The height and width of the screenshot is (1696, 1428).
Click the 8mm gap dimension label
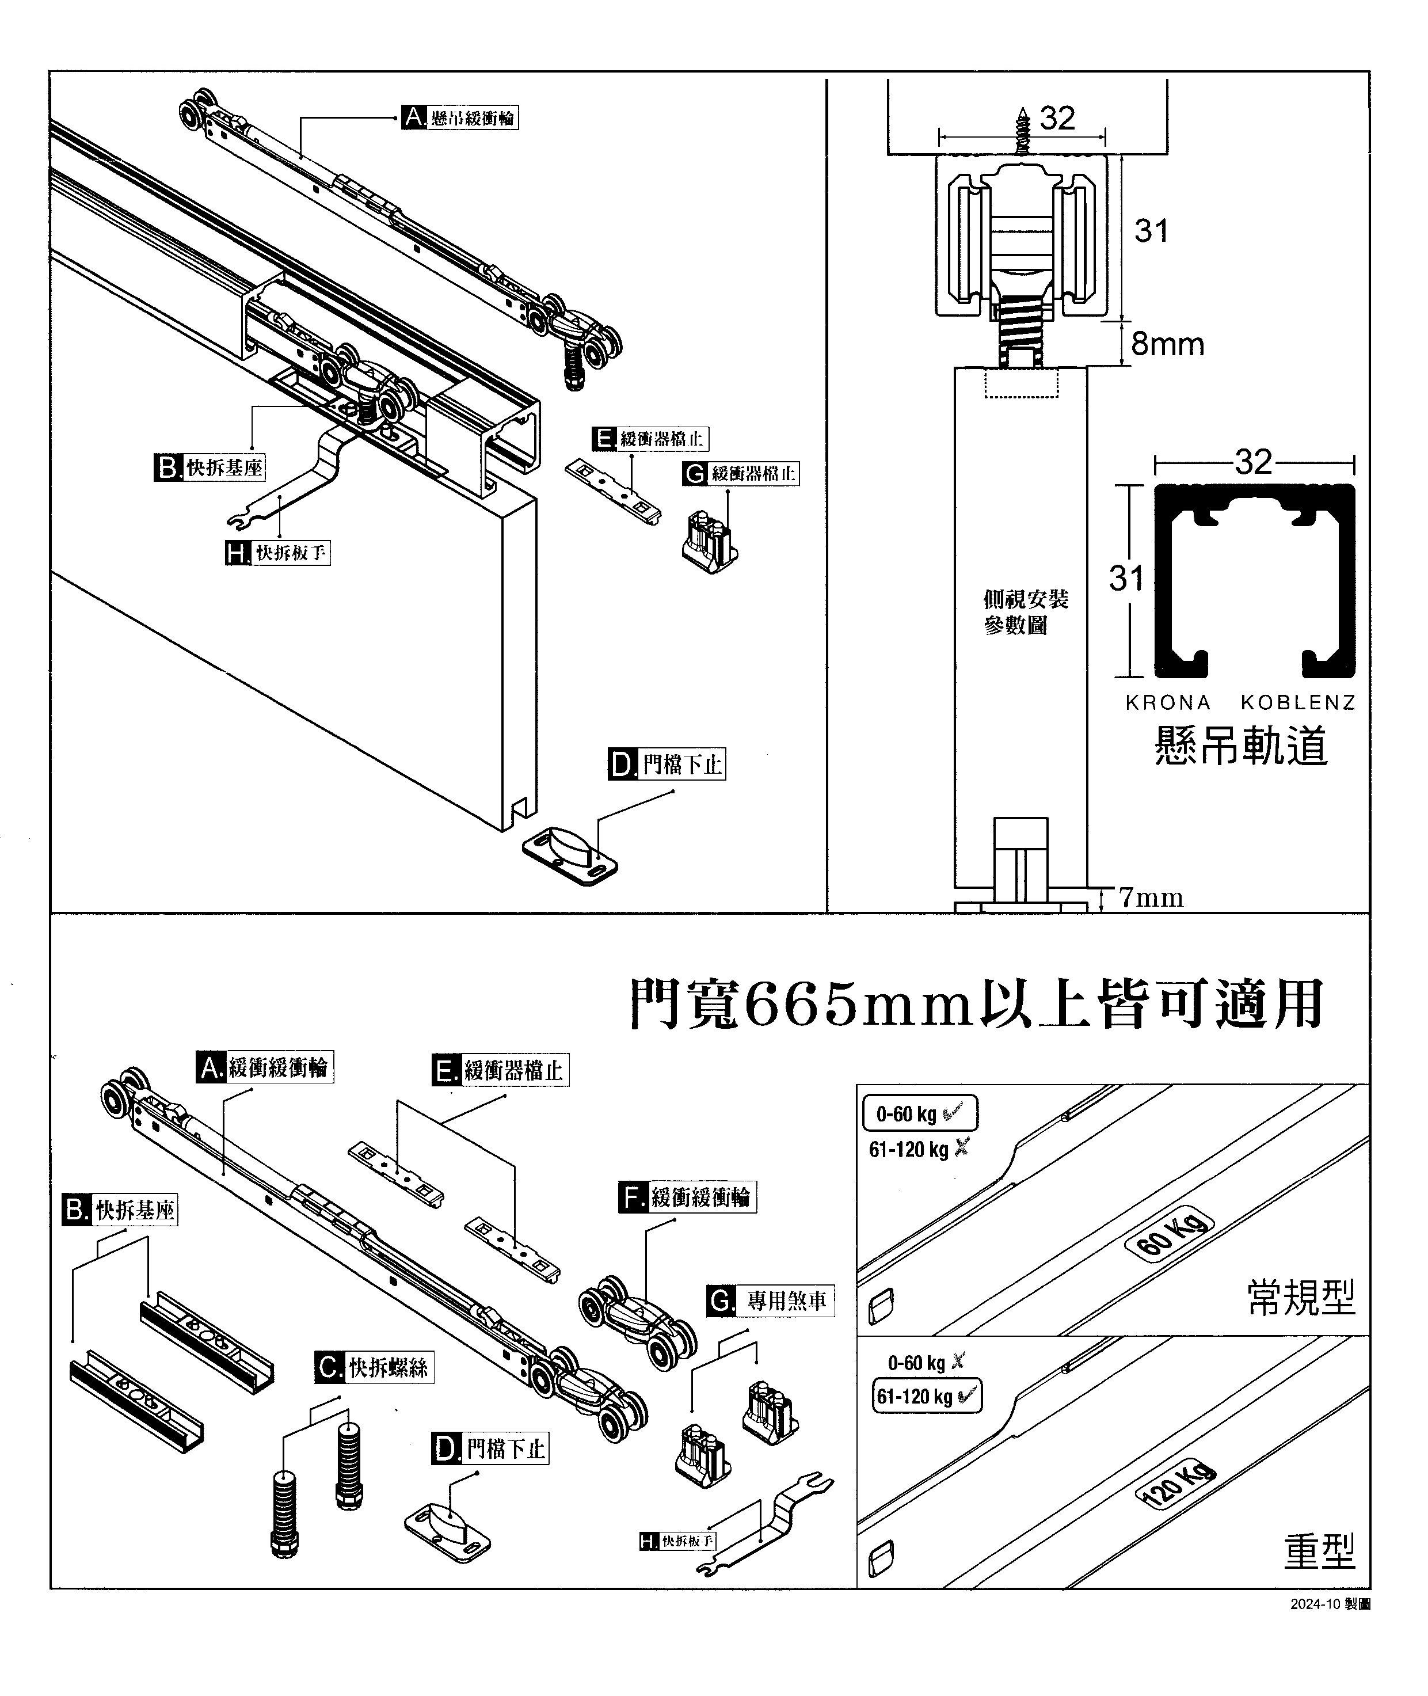pyautogui.click(x=1167, y=345)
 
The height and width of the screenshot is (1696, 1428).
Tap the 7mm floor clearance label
pyautogui.click(x=1151, y=898)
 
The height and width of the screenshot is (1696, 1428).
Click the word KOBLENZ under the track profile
pyautogui.click(x=1298, y=703)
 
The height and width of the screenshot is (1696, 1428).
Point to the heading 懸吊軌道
pyautogui.click(x=1240, y=746)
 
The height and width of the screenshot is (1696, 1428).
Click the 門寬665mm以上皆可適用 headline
pyautogui.click(x=976, y=1005)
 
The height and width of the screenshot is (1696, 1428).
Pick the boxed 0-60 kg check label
pyautogui.click(x=920, y=1114)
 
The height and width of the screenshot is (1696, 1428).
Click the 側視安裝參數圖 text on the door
pyautogui.click(x=1025, y=612)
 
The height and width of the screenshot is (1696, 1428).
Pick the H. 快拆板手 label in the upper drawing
pyautogui.click(x=277, y=554)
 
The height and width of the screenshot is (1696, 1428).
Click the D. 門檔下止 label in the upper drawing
pyautogui.click(x=667, y=764)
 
